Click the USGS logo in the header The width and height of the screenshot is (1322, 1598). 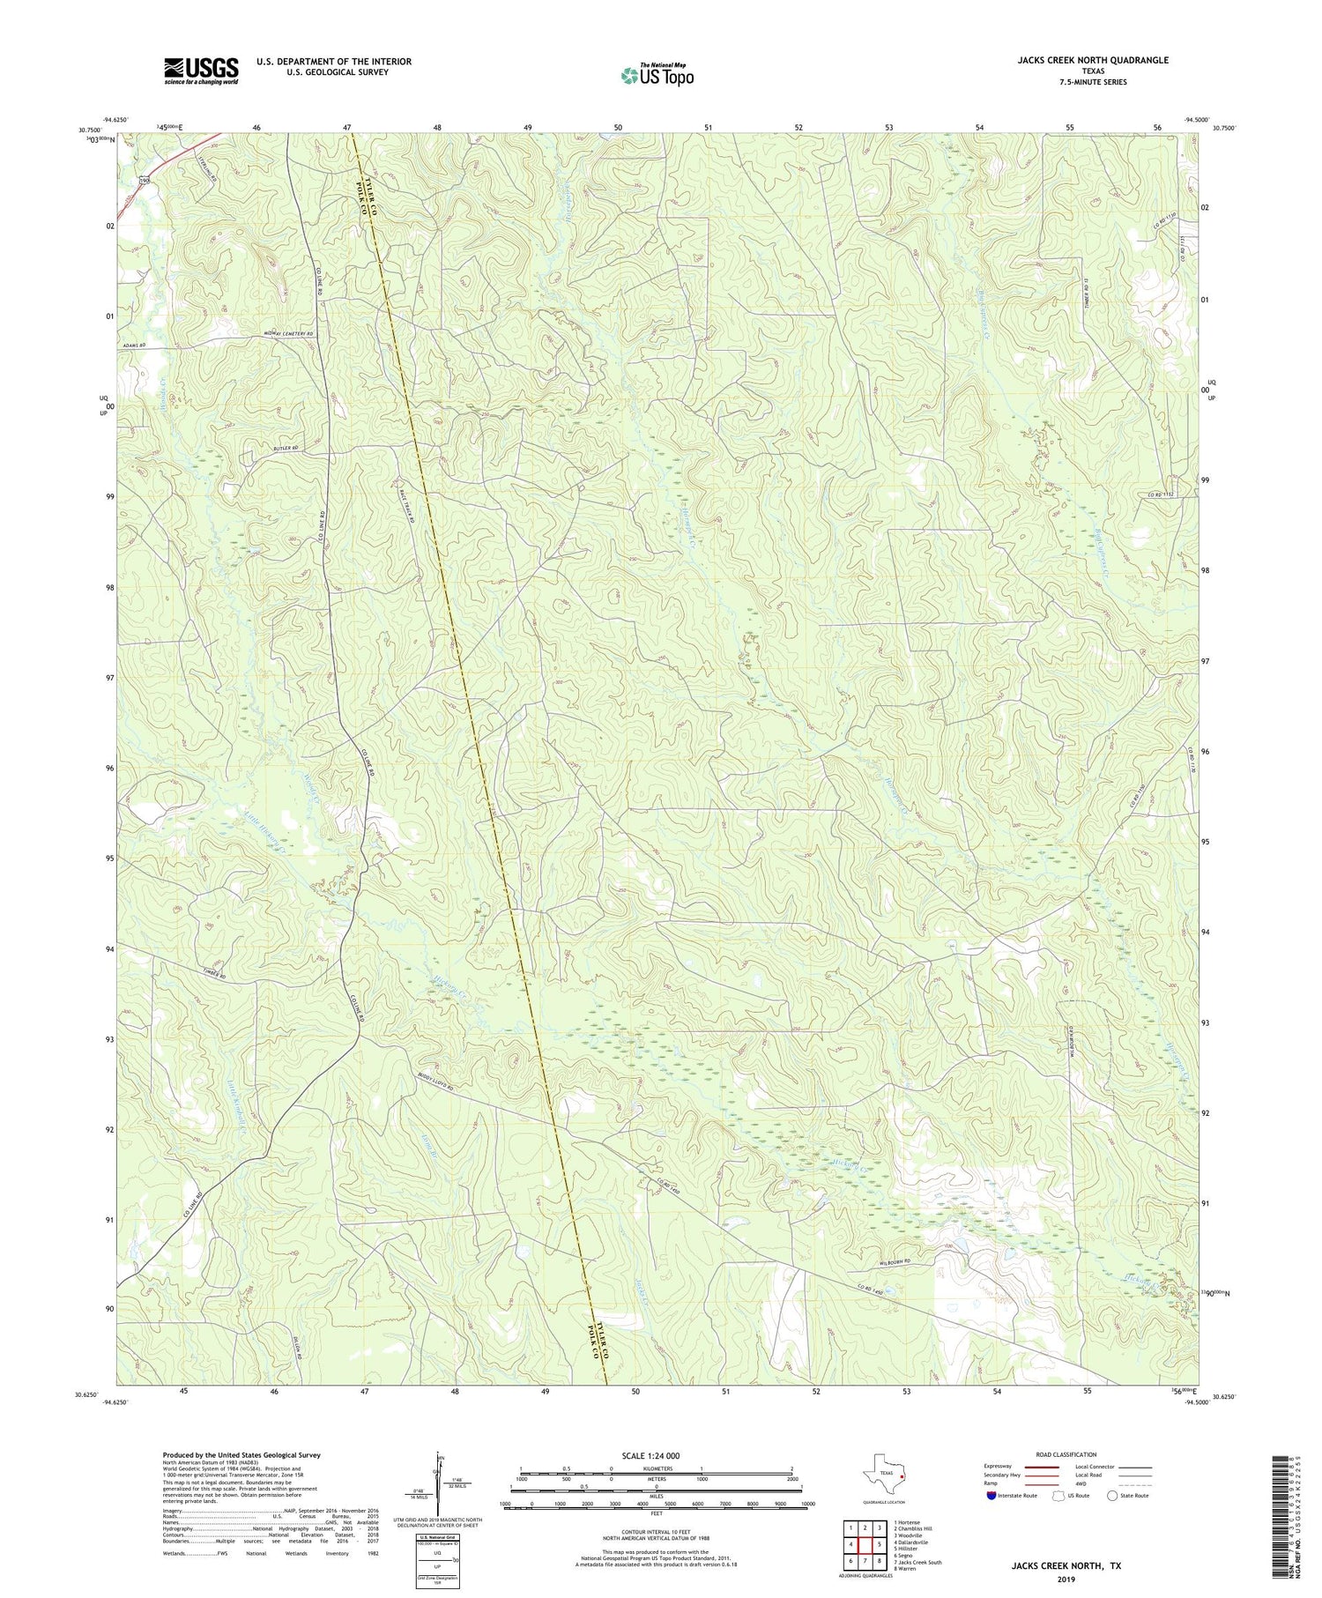(x=200, y=71)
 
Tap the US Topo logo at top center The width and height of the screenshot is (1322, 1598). (x=657, y=76)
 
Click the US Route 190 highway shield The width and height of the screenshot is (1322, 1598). (x=145, y=180)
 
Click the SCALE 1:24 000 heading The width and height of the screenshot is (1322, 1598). (x=656, y=1455)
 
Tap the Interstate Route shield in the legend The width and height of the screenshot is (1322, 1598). (x=992, y=1497)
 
